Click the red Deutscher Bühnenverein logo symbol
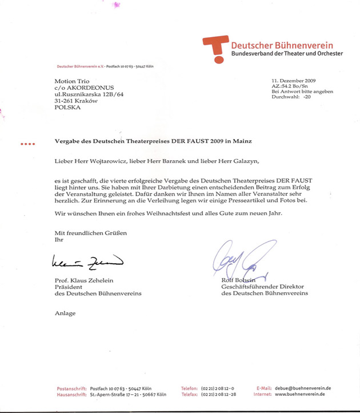[x=215, y=47]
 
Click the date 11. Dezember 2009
[x=295, y=81]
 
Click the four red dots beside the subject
[x=27, y=143]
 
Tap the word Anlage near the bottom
[x=65, y=313]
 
